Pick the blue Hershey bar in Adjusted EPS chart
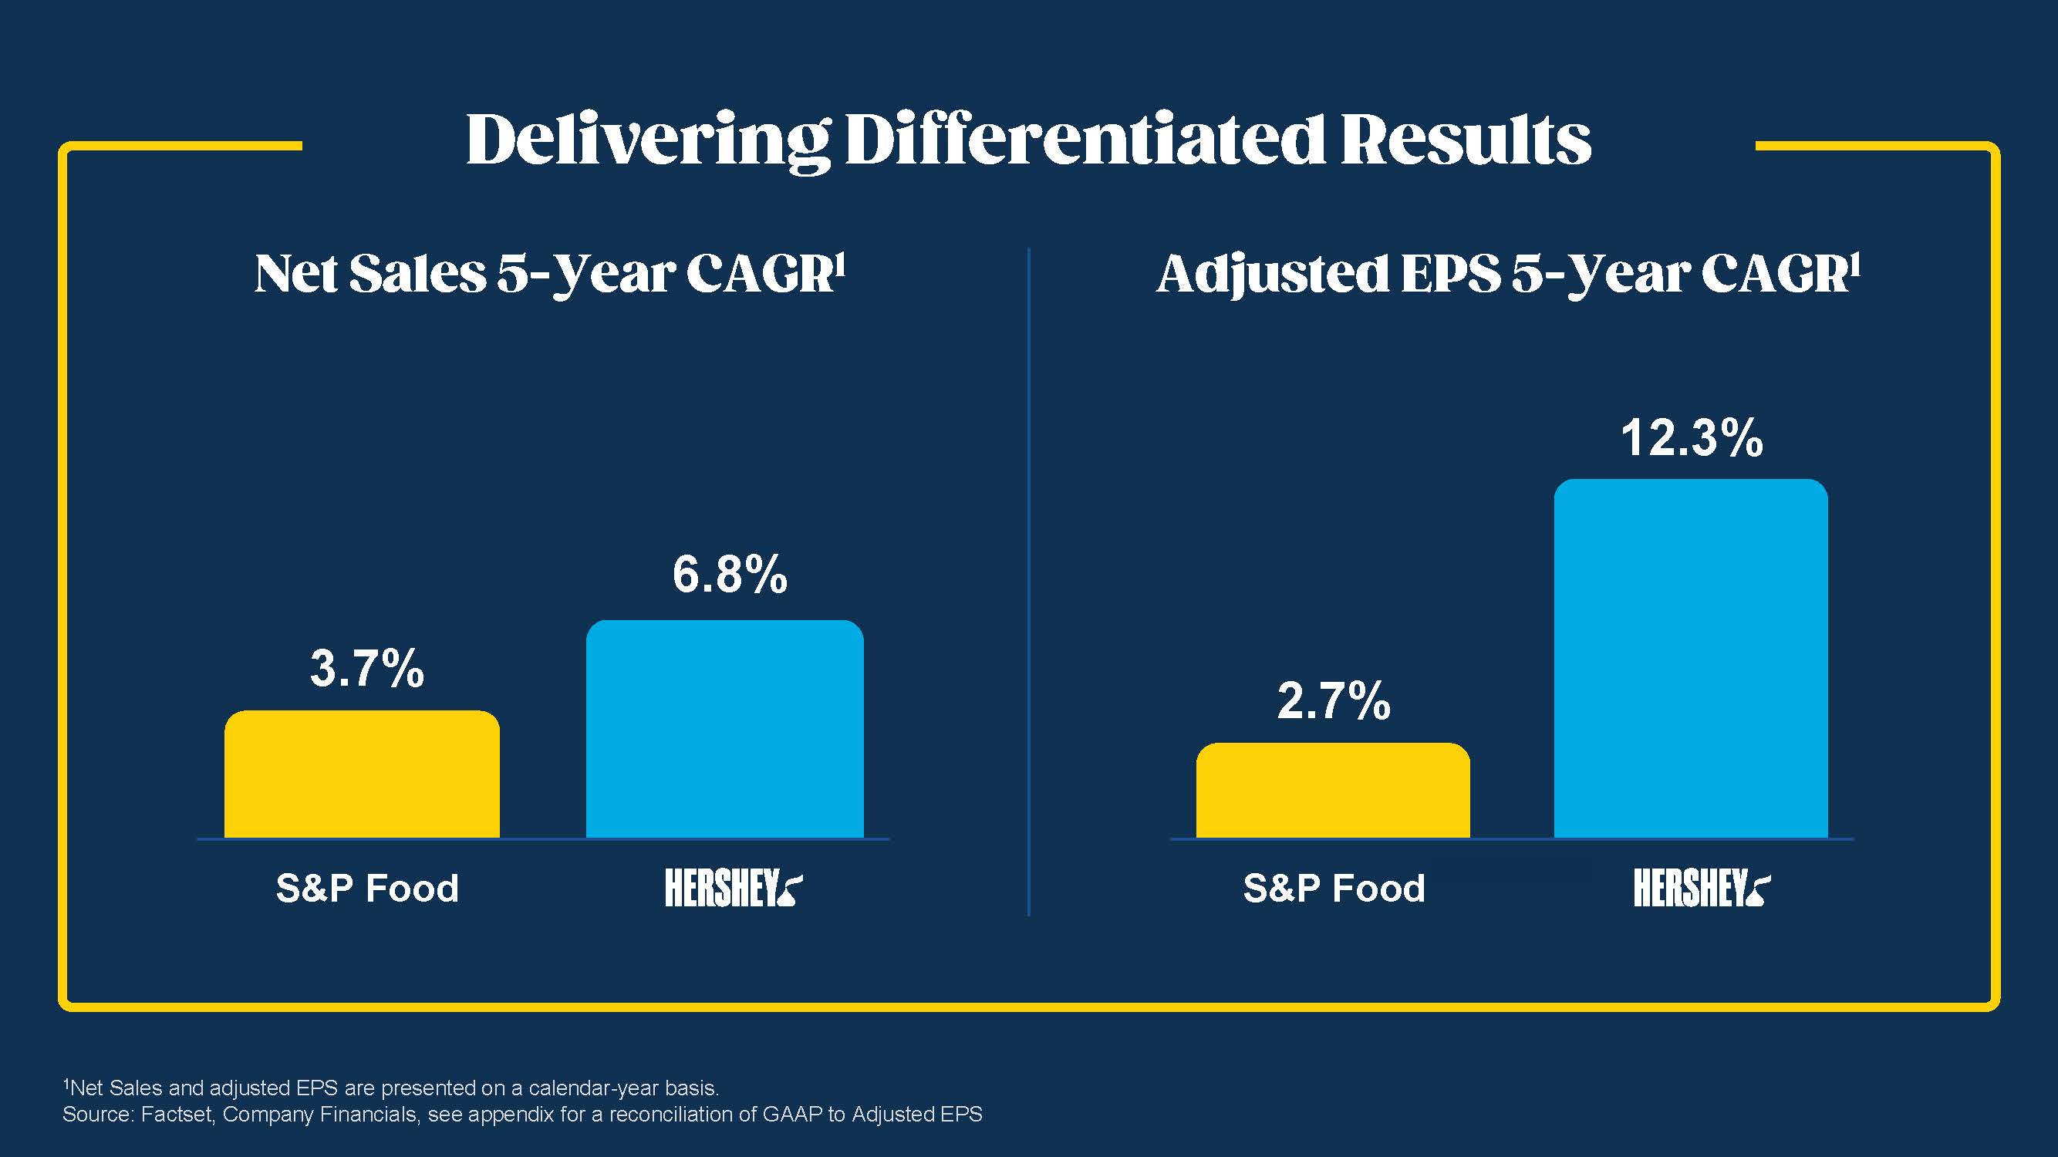click(1691, 659)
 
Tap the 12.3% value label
click(1692, 438)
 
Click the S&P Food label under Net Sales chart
click(367, 889)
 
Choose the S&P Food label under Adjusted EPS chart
click(1334, 889)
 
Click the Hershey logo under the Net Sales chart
click(734, 889)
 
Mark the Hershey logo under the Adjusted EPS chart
click(1702, 889)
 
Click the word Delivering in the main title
click(647, 140)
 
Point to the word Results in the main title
click(1466, 140)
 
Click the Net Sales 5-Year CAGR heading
click(550, 274)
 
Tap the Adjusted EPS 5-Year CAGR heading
click(1508, 274)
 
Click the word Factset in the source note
click(177, 1115)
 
